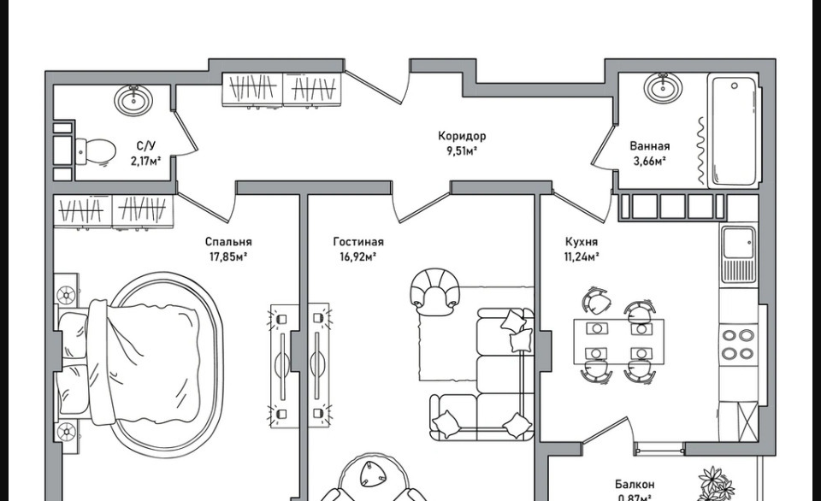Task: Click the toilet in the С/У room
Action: [x=95, y=152]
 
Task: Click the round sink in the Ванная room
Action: [x=661, y=86]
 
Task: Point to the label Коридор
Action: [x=462, y=136]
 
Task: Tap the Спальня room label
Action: [x=228, y=242]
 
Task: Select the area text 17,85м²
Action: [x=227, y=256]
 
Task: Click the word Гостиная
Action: [x=358, y=242]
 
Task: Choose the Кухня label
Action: [x=582, y=242]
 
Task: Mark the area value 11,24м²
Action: [x=582, y=256]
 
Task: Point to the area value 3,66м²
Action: [x=648, y=160]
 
